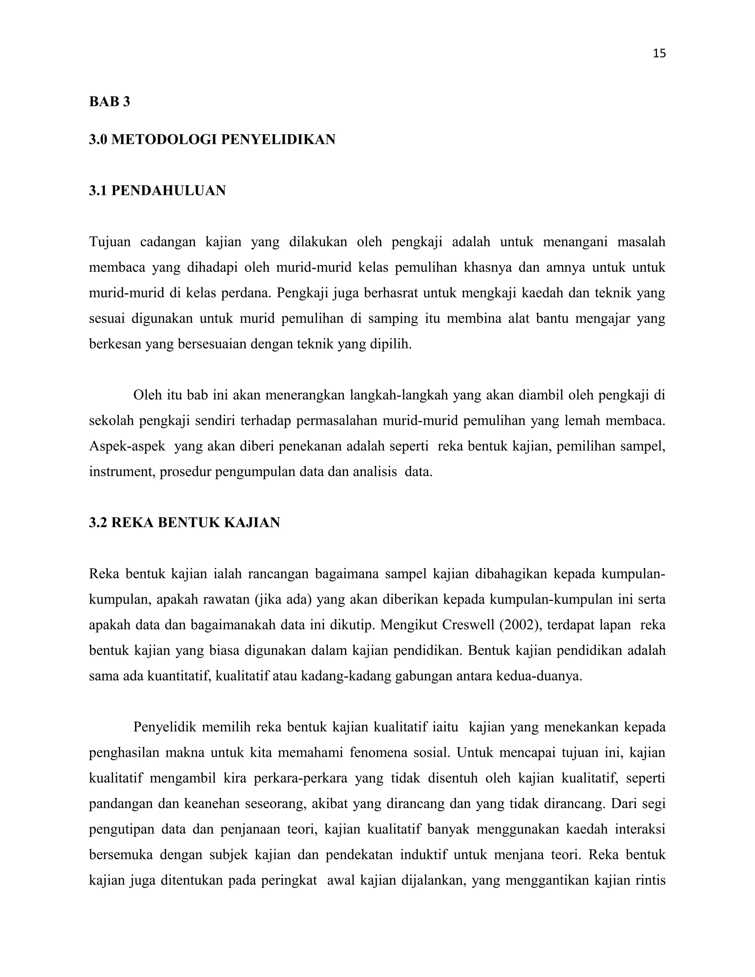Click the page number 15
659,54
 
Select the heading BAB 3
109,102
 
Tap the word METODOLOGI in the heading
164,140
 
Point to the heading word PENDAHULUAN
168,191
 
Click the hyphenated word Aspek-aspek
127,446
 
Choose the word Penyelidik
164,727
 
